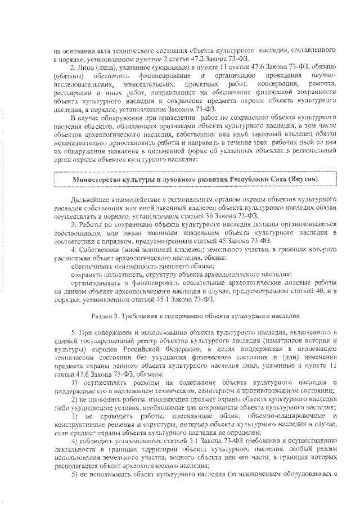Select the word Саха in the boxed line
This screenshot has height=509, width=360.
click(x=276, y=179)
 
